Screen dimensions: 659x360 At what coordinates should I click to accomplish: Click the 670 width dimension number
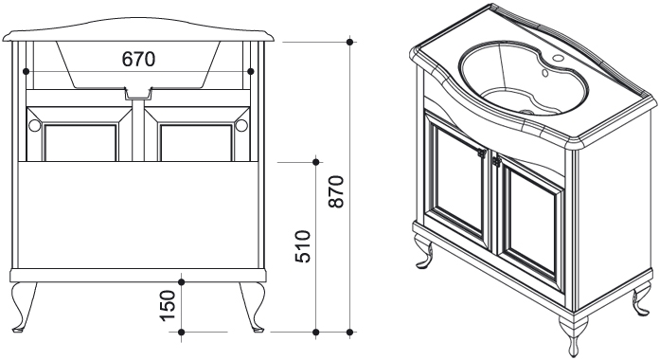click(x=138, y=60)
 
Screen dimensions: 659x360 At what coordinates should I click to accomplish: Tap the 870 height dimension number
click(x=336, y=191)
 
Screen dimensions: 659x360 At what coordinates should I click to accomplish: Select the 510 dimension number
click(x=303, y=246)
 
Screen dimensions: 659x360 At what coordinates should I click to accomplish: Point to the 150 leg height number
click(x=168, y=306)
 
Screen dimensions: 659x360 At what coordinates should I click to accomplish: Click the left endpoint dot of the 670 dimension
click(x=27, y=71)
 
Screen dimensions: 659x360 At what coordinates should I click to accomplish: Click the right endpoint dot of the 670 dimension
click(x=251, y=71)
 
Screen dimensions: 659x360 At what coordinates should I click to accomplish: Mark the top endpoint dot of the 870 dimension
click(x=349, y=42)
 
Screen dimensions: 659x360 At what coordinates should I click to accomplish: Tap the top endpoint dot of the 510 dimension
click(x=316, y=161)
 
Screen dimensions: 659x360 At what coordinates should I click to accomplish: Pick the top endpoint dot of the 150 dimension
click(x=182, y=281)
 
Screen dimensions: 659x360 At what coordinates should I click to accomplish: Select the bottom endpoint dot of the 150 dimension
click(x=182, y=333)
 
